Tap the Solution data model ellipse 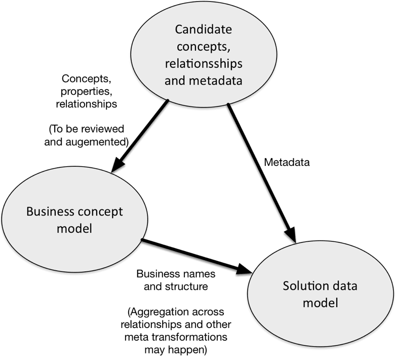pyautogui.click(x=320, y=294)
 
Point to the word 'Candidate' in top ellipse pyautogui.click(x=204, y=29)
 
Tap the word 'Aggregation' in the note pyautogui.click(x=171, y=310)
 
